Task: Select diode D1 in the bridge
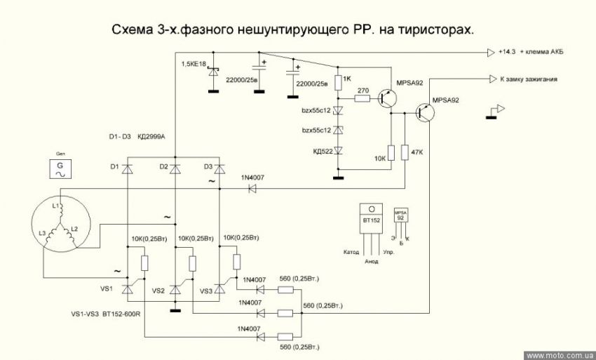[x=127, y=168]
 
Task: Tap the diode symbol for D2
[x=175, y=168]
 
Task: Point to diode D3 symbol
[x=220, y=168]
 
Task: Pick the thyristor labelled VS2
[x=175, y=288]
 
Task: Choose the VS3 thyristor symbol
[x=221, y=288]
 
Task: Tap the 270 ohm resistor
[x=363, y=99]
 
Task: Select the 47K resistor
[x=405, y=152]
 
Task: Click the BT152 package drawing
[x=372, y=225]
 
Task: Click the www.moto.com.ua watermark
[x=559, y=355]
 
